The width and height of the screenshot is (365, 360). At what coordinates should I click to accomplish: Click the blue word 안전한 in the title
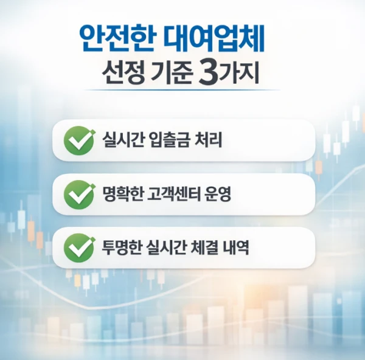[116, 38]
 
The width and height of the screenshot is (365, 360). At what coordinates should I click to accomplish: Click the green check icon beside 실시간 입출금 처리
[79, 140]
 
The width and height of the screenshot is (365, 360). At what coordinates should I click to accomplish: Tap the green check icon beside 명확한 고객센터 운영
[79, 195]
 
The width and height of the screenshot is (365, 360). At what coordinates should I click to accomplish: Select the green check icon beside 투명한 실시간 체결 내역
[79, 248]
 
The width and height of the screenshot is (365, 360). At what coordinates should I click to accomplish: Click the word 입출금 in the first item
[169, 140]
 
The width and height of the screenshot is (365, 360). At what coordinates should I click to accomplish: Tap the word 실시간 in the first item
[122, 140]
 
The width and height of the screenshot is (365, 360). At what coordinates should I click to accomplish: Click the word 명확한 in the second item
[122, 194]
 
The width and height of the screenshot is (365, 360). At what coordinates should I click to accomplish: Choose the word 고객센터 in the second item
[173, 194]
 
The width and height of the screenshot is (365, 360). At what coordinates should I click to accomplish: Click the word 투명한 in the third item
[122, 247]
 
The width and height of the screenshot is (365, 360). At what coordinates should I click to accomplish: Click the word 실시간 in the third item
[166, 247]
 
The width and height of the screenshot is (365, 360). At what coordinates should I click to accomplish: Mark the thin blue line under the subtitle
[182, 89]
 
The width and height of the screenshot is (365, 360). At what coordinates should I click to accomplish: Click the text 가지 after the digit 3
[240, 74]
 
